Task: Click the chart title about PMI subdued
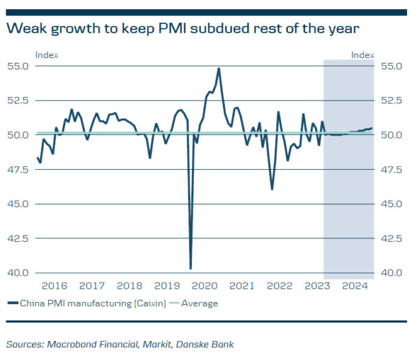click(183, 29)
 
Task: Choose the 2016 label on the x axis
click(54, 286)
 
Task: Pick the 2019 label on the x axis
click(167, 286)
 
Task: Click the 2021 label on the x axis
click(242, 286)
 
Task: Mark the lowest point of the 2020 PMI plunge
click(191, 268)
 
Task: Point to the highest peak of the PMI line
click(219, 69)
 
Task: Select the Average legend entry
click(200, 303)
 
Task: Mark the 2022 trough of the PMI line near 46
click(272, 189)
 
